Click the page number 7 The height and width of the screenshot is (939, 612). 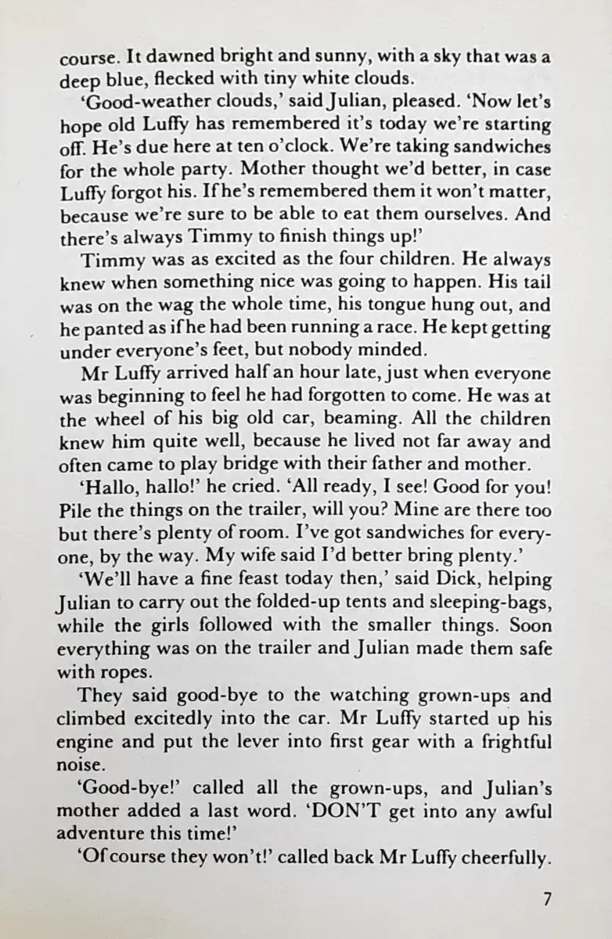click(x=547, y=899)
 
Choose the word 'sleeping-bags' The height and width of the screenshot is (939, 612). click(x=485, y=604)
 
